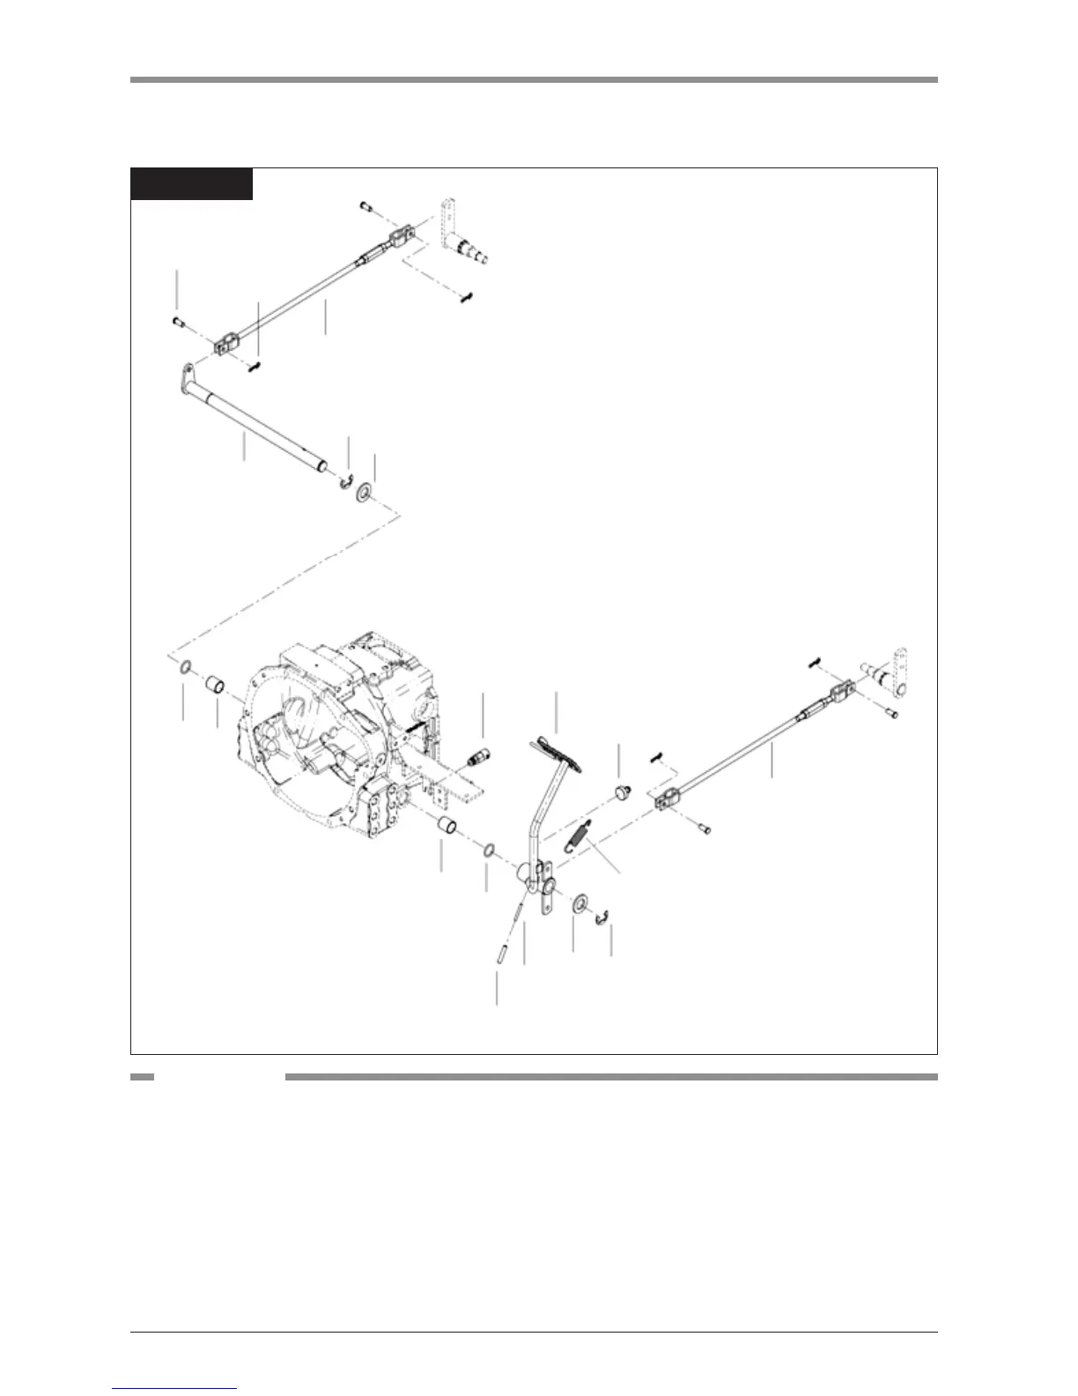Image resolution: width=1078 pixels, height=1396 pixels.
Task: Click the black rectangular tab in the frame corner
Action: point(191,184)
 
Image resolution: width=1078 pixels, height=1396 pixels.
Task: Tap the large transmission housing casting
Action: point(343,749)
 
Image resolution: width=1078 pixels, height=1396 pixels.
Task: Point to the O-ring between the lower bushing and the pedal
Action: point(486,850)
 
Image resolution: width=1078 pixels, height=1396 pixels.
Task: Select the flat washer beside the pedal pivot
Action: point(579,902)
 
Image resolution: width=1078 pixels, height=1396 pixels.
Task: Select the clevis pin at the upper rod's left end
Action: point(177,322)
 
